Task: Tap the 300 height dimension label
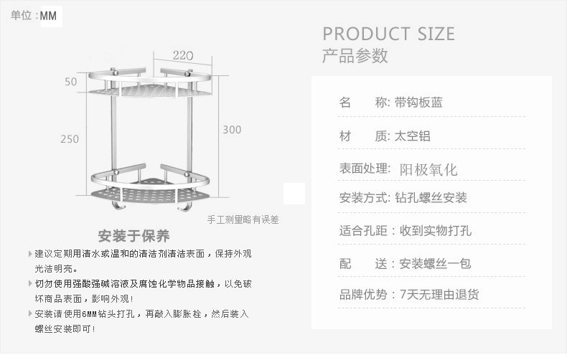click(x=232, y=130)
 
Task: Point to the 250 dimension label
click(x=70, y=139)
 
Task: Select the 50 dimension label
click(x=70, y=82)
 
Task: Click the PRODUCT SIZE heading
click(x=388, y=34)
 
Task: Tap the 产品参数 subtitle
click(x=355, y=55)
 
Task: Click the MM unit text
click(x=49, y=16)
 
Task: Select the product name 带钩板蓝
click(x=419, y=102)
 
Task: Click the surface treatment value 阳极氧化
click(x=428, y=170)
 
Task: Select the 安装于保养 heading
click(x=134, y=236)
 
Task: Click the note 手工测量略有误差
click(x=243, y=219)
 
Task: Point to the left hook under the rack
click(x=114, y=207)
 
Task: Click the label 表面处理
click(x=364, y=169)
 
